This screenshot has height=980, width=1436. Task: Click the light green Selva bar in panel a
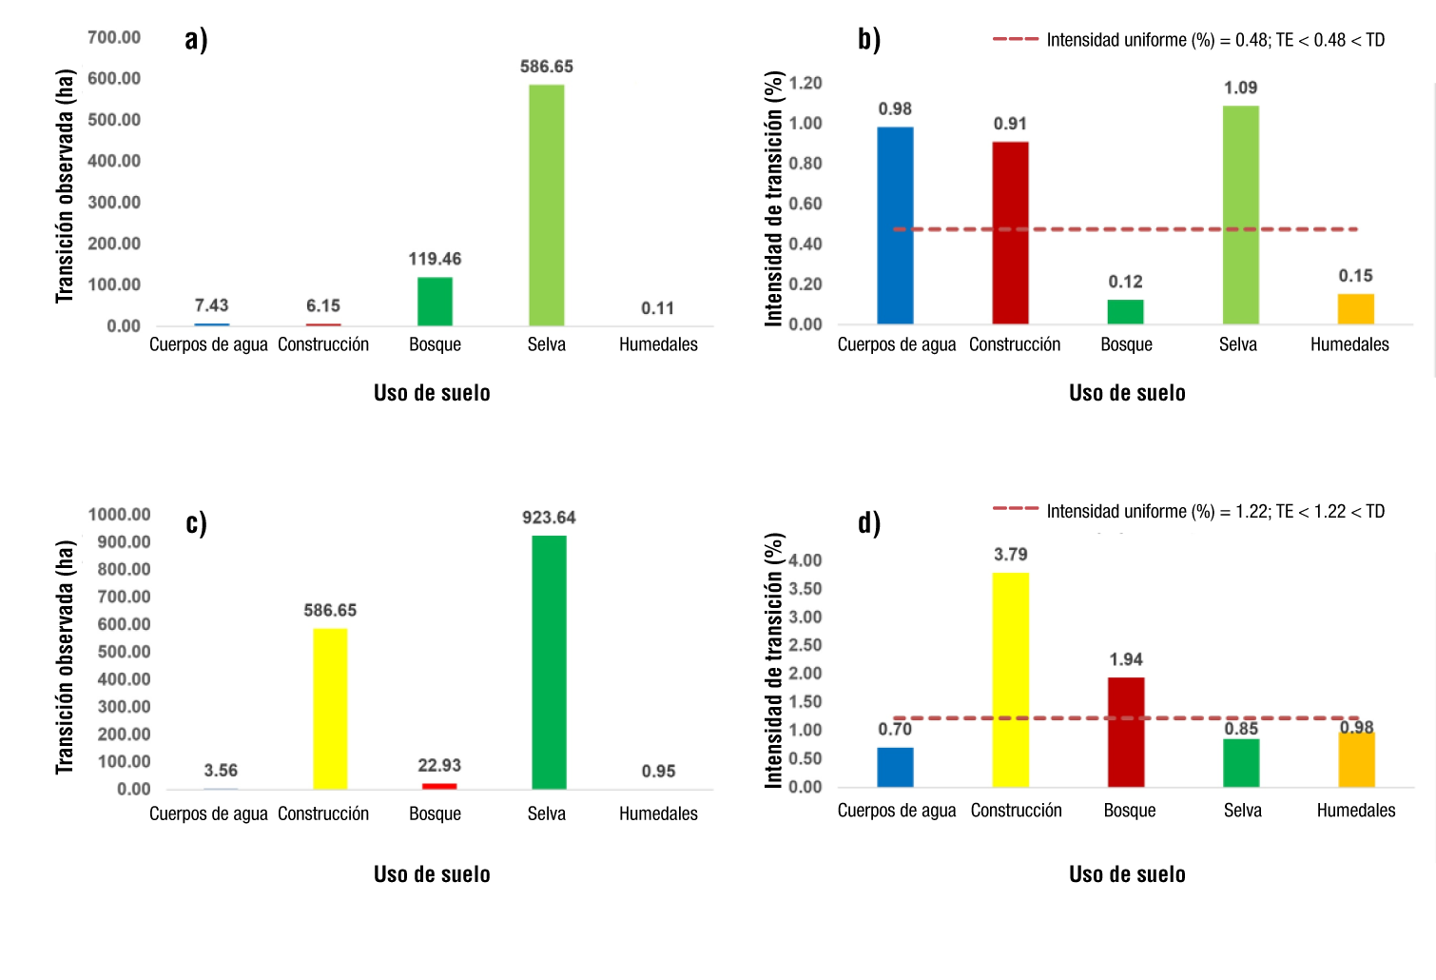tap(546, 205)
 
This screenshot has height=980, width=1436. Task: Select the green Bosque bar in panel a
tap(435, 302)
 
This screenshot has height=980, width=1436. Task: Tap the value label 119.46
tap(435, 259)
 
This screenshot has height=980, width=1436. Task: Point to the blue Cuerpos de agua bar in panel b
tap(895, 225)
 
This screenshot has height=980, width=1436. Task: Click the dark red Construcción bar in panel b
tap(1010, 233)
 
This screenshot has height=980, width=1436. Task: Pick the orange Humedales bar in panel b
tap(1355, 309)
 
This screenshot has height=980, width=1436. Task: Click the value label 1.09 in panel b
tap(1240, 88)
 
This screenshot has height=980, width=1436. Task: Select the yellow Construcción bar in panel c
tap(330, 708)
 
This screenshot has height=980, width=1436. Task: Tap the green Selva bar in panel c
tap(549, 662)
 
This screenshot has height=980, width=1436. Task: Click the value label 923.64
tap(549, 518)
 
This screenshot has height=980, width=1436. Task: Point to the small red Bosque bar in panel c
tap(439, 786)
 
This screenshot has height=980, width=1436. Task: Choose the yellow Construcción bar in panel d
tap(1010, 679)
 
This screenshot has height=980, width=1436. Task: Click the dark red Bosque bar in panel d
tap(1126, 732)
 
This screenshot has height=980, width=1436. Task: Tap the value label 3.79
tap(1010, 554)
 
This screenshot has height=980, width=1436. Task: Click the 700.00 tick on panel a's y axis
tap(114, 37)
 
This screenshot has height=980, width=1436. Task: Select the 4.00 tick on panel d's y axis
tap(805, 560)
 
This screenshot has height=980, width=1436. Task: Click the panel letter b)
tap(869, 39)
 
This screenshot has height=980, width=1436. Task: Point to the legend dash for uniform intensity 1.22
tap(1016, 509)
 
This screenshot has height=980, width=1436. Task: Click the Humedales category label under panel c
tap(658, 813)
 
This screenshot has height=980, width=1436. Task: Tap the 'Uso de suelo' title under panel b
tap(1127, 393)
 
